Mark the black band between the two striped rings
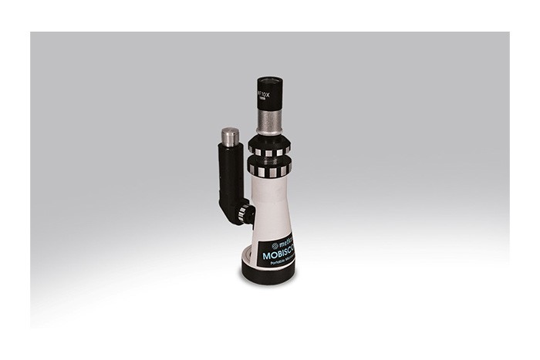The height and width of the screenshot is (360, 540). pyautogui.click(x=268, y=159)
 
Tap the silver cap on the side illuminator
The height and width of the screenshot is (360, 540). pyautogui.click(x=230, y=136)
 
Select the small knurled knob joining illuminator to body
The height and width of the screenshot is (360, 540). pyautogui.click(x=246, y=212)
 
